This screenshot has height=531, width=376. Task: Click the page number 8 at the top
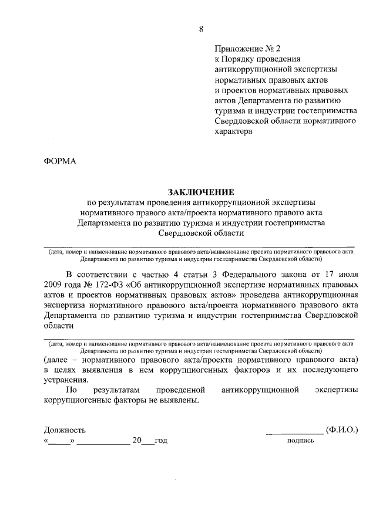[201, 29]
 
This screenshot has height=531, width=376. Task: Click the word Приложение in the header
[237, 49]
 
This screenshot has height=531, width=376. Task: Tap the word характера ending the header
[233, 131]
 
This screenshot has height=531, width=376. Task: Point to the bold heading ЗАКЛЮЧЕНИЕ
[201, 192]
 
